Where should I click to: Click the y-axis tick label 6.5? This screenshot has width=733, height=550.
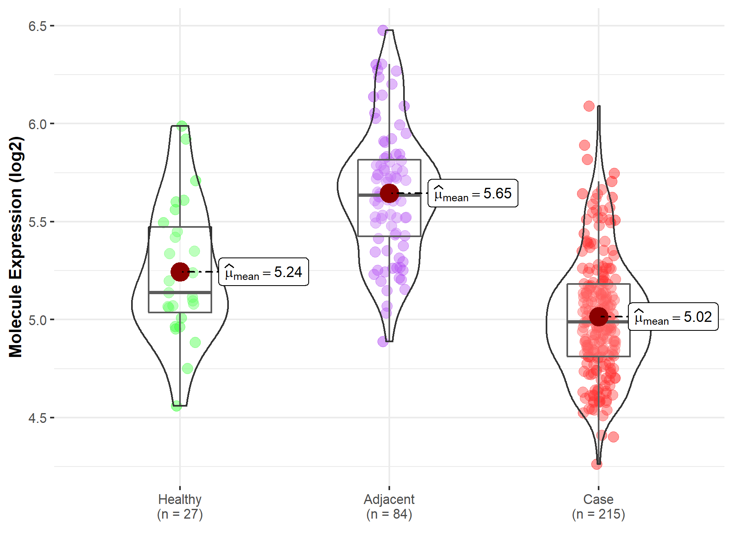(x=37, y=26)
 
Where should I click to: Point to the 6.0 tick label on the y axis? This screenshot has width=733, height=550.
(x=37, y=124)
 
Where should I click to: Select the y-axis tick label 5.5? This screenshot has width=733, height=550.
(x=37, y=222)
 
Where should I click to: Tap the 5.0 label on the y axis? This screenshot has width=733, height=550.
(x=37, y=320)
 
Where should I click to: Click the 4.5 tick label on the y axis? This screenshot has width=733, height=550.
(x=37, y=418)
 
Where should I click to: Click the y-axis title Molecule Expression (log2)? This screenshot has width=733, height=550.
(x=15, y=246)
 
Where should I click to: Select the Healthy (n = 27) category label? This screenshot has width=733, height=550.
(x=180, y=507)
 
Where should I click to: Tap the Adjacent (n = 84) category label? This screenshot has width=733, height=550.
(x=389, y=507)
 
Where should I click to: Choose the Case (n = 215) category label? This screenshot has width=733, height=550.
(x=598, y=507)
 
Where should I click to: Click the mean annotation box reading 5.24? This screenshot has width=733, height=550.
(x=263, y=272)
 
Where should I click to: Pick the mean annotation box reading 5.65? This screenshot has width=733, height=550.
(x=473, y=193)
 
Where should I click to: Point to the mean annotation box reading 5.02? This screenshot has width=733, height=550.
(x=673, y=317)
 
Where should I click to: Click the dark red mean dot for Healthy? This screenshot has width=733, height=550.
(x=180, y=272)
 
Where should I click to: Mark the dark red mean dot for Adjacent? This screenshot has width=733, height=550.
(x=389, y=193)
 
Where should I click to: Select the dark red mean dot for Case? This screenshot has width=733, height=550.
(x=599, y=317)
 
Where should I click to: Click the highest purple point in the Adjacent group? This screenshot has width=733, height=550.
(x=383, y=30)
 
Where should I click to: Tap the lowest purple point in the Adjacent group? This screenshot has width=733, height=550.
(x=383, y=341)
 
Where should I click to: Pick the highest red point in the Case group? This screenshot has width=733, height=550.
(x=589, y=106)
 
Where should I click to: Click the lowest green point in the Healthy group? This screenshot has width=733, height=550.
(x=176, y=405)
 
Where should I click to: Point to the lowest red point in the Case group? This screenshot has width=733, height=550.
(x=597, y=464)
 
